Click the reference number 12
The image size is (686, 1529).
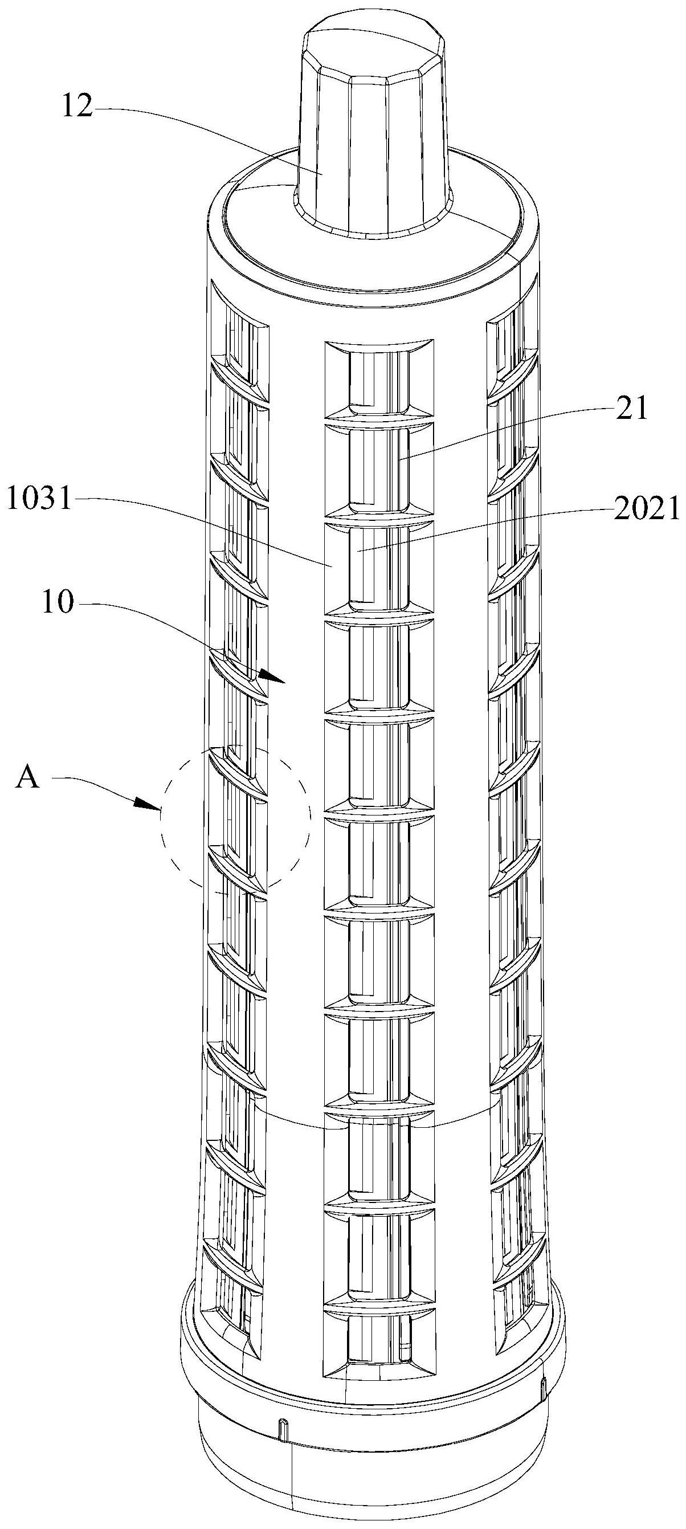pos(76,108)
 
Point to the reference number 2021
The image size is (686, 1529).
pos(646,509)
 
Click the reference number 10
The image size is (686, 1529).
pos(58,604)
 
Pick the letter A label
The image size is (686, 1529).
pos(27,777)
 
